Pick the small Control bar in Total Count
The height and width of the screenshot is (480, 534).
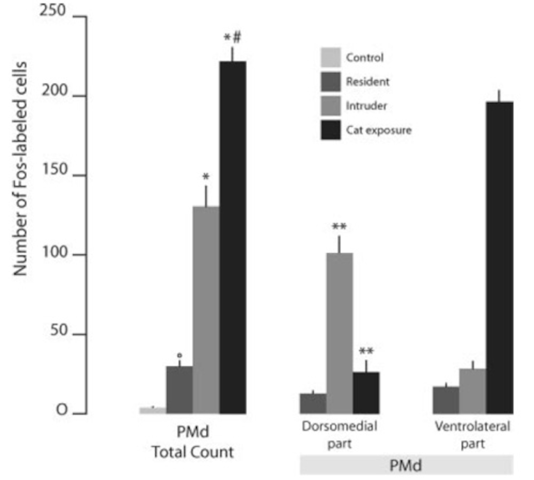tap(153, 410)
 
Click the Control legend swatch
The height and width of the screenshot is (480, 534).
tap(331, 57)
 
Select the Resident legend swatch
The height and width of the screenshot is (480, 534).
tap(331, 82)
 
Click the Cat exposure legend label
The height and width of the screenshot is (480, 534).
tap(379, 130)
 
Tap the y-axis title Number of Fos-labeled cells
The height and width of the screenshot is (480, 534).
tap(20, 169)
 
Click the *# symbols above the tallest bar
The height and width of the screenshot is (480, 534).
tap(232, 37)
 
